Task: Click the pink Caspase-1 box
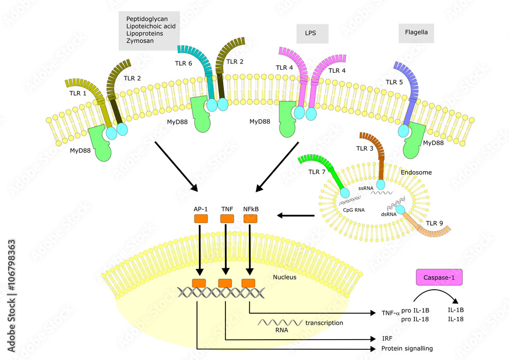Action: (439, 277)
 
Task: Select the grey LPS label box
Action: (313, 34)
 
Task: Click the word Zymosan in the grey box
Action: (140, 40)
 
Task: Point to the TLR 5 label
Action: (394, 81)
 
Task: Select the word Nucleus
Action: (284, 278)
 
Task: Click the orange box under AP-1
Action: (201, 218)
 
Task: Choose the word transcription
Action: (324, 323)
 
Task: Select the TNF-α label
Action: (389, 314)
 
